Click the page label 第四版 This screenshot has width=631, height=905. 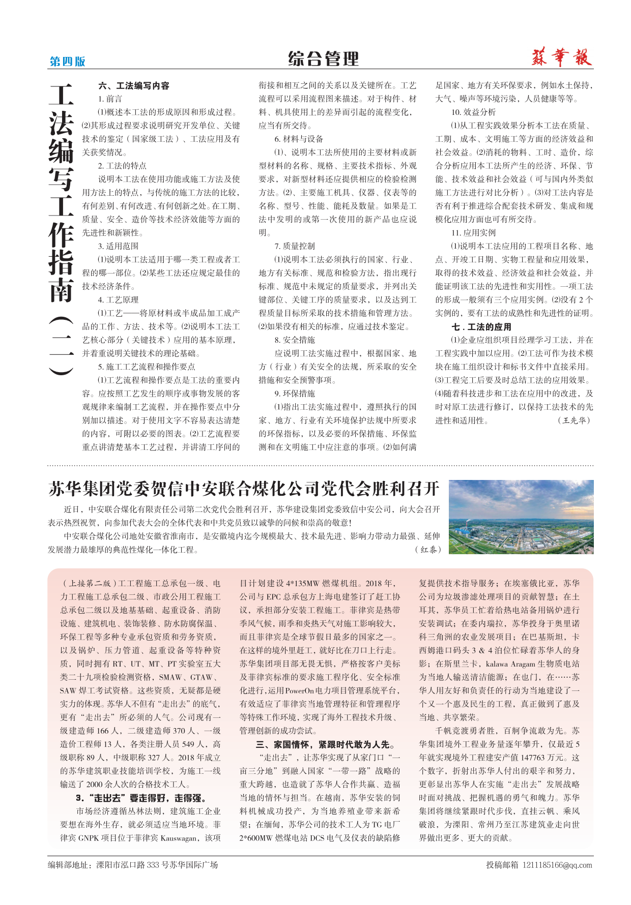(67, 62)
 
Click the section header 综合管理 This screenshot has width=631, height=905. (323, 59)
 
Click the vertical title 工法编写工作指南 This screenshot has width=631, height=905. (62, 193)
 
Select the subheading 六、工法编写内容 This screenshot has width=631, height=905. (134, 86)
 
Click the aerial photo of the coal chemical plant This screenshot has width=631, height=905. (521, 517)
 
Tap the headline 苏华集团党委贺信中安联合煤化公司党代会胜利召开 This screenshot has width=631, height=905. (244, 489)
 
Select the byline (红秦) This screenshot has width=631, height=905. (427, 550)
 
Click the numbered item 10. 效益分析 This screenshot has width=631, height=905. (473, 112)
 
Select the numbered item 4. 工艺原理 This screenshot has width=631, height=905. (118, 300)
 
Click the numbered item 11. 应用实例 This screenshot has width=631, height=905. (473, 233)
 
